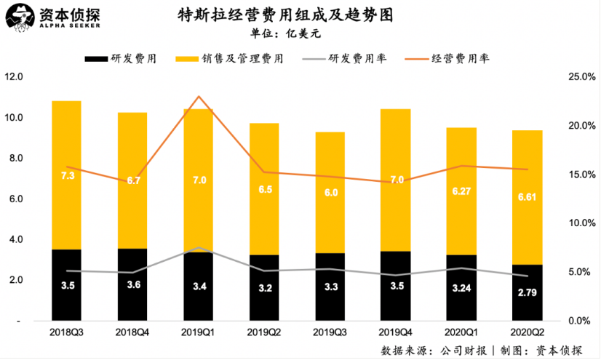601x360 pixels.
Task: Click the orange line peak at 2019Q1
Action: coord(198,97)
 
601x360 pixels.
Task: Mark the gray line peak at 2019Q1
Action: coord(198,248)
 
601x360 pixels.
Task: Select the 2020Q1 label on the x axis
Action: coord(462,332)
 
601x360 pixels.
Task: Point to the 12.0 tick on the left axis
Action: coord(15,77)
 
